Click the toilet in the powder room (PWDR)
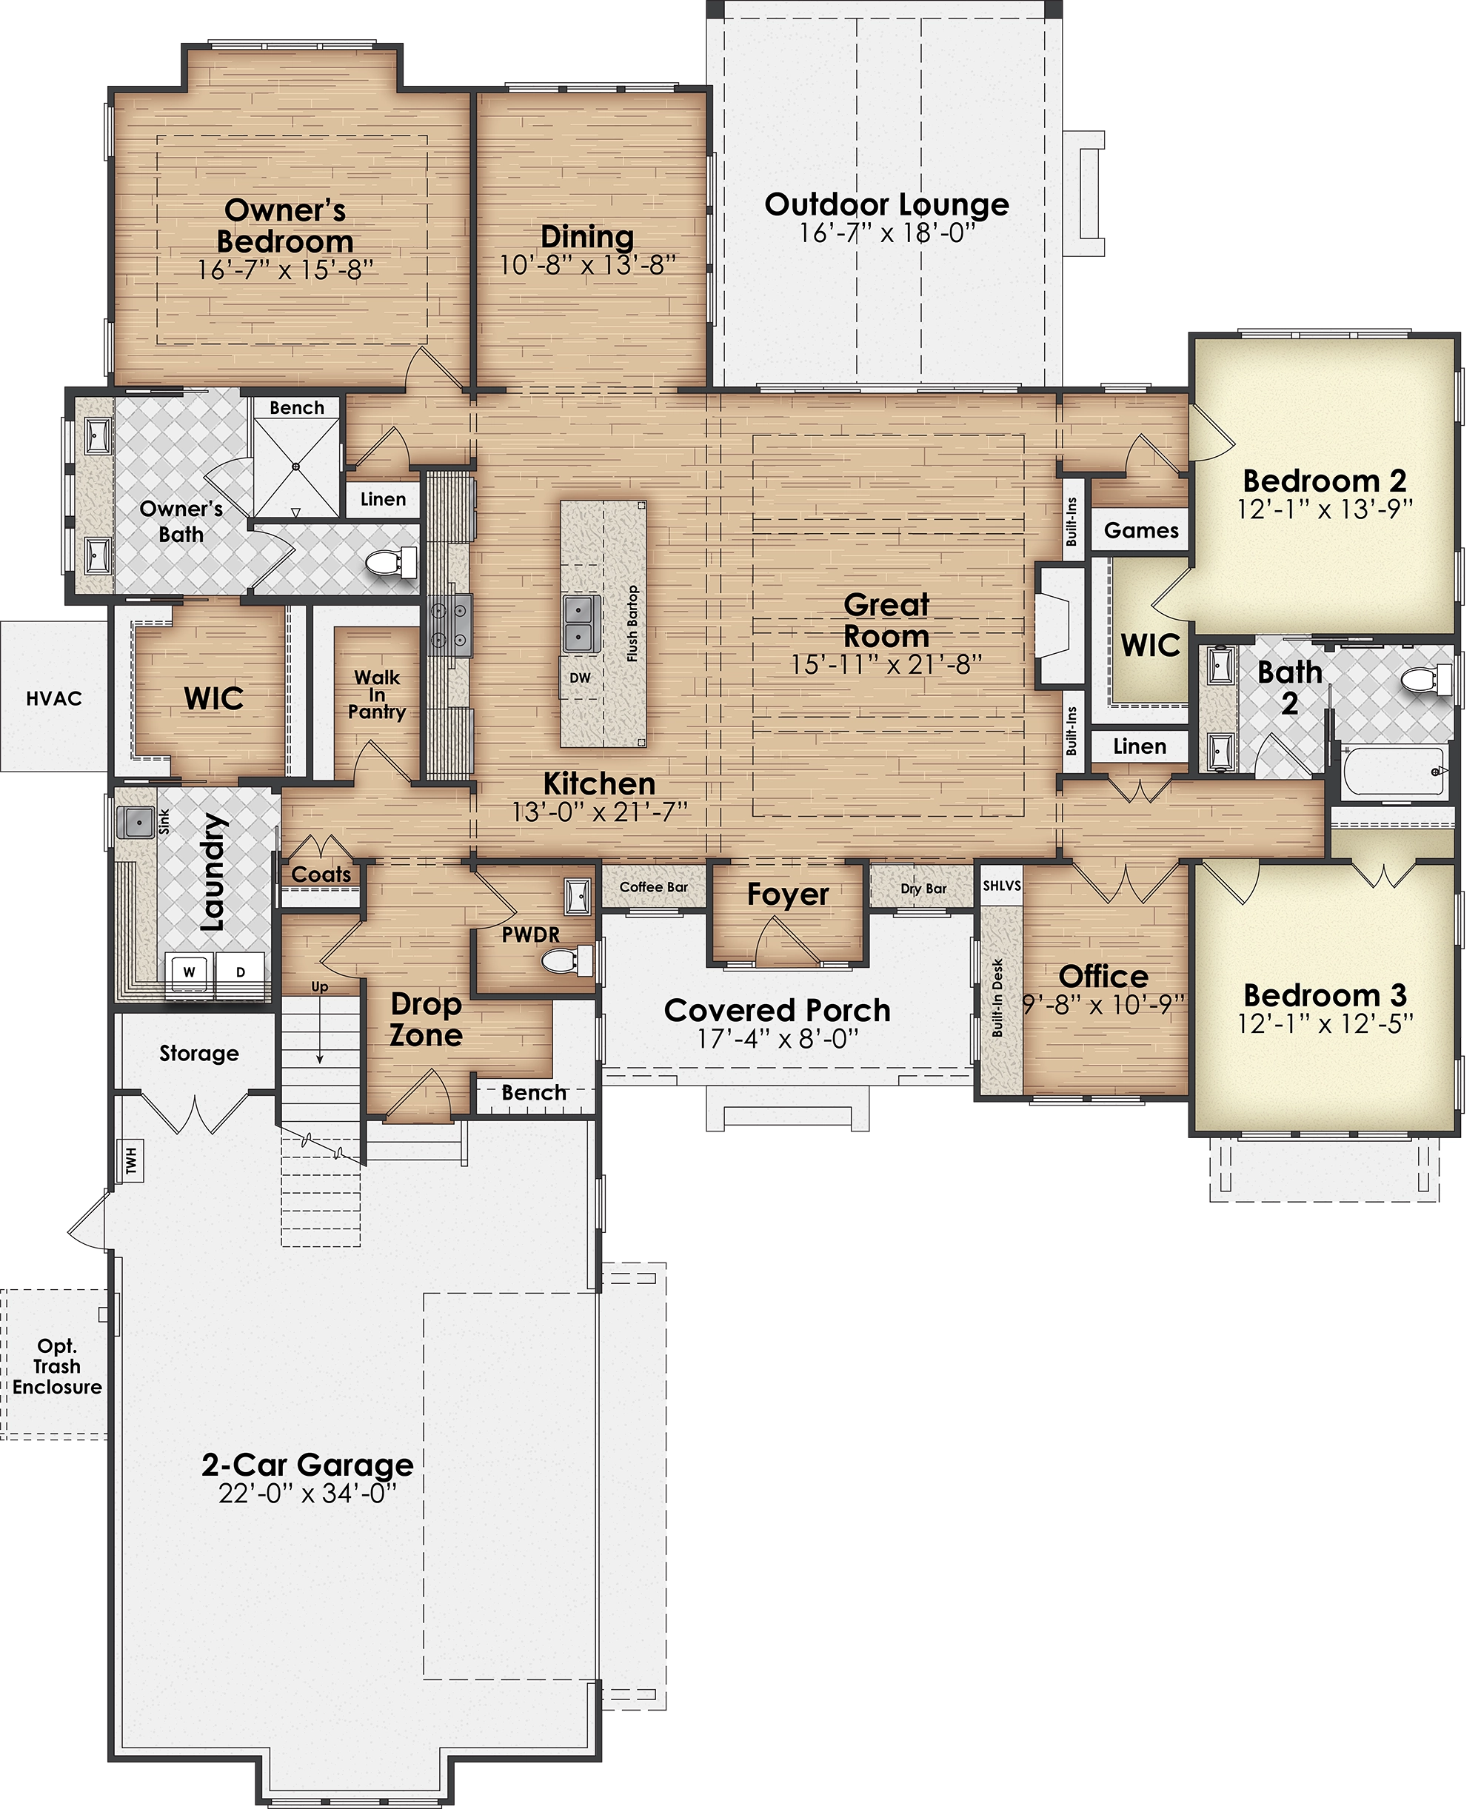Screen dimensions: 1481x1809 coord(567,960)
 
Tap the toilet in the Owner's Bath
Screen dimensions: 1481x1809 coord(392,563)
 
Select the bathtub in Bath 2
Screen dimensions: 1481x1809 coord(1396,772)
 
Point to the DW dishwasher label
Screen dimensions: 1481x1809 coord(580,678)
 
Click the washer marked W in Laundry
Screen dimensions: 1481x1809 coord(190,972)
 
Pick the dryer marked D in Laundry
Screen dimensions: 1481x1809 coord(241,972)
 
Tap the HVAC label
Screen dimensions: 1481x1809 coord(55,699)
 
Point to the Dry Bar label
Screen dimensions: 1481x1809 coord(924,889)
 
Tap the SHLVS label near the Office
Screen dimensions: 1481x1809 coord(1002,886)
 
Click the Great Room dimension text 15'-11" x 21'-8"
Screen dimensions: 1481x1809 coord(886,665)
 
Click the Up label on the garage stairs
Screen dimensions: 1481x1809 coord(320,988)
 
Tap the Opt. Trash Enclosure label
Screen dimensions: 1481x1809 coord(57,1367)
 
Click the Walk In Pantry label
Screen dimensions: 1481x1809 coord(377,695)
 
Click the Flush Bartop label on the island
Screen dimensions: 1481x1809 coord(632,623)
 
